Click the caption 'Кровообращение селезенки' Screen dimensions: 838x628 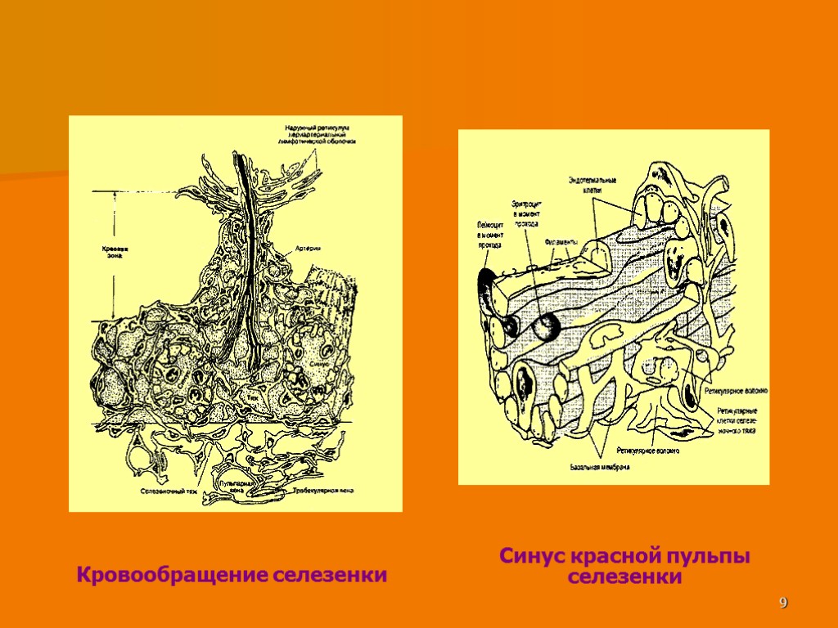[x=232, y=575]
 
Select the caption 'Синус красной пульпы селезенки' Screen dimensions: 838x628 [x=625, y=567]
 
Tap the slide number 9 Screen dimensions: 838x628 [x=783, y=603]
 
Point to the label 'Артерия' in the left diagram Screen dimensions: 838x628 [x=308, y=249]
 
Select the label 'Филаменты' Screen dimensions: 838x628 [x=561, y=242]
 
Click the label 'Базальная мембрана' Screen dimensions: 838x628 [x=599, y=468]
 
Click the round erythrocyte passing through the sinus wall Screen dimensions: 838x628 [x=546, y=327]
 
